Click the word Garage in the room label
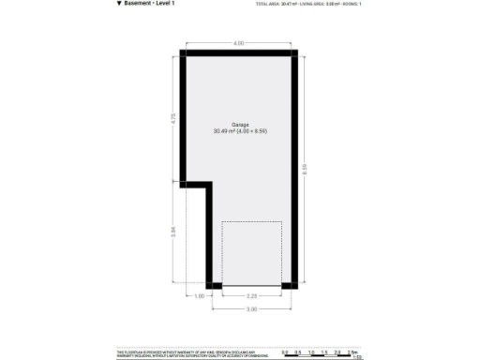(240, 124)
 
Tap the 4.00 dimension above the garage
(239, 43)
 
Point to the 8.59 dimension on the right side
(306, 169)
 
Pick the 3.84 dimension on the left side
(173, 233)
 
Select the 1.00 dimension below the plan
(199, 296)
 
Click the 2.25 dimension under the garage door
(252, 296)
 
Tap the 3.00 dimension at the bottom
(252, 308)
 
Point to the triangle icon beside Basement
(119, 4)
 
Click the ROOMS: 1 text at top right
(352, 4)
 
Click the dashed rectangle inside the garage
(251, 253)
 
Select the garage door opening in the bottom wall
(251, 285)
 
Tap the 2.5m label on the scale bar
(353, 351)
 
